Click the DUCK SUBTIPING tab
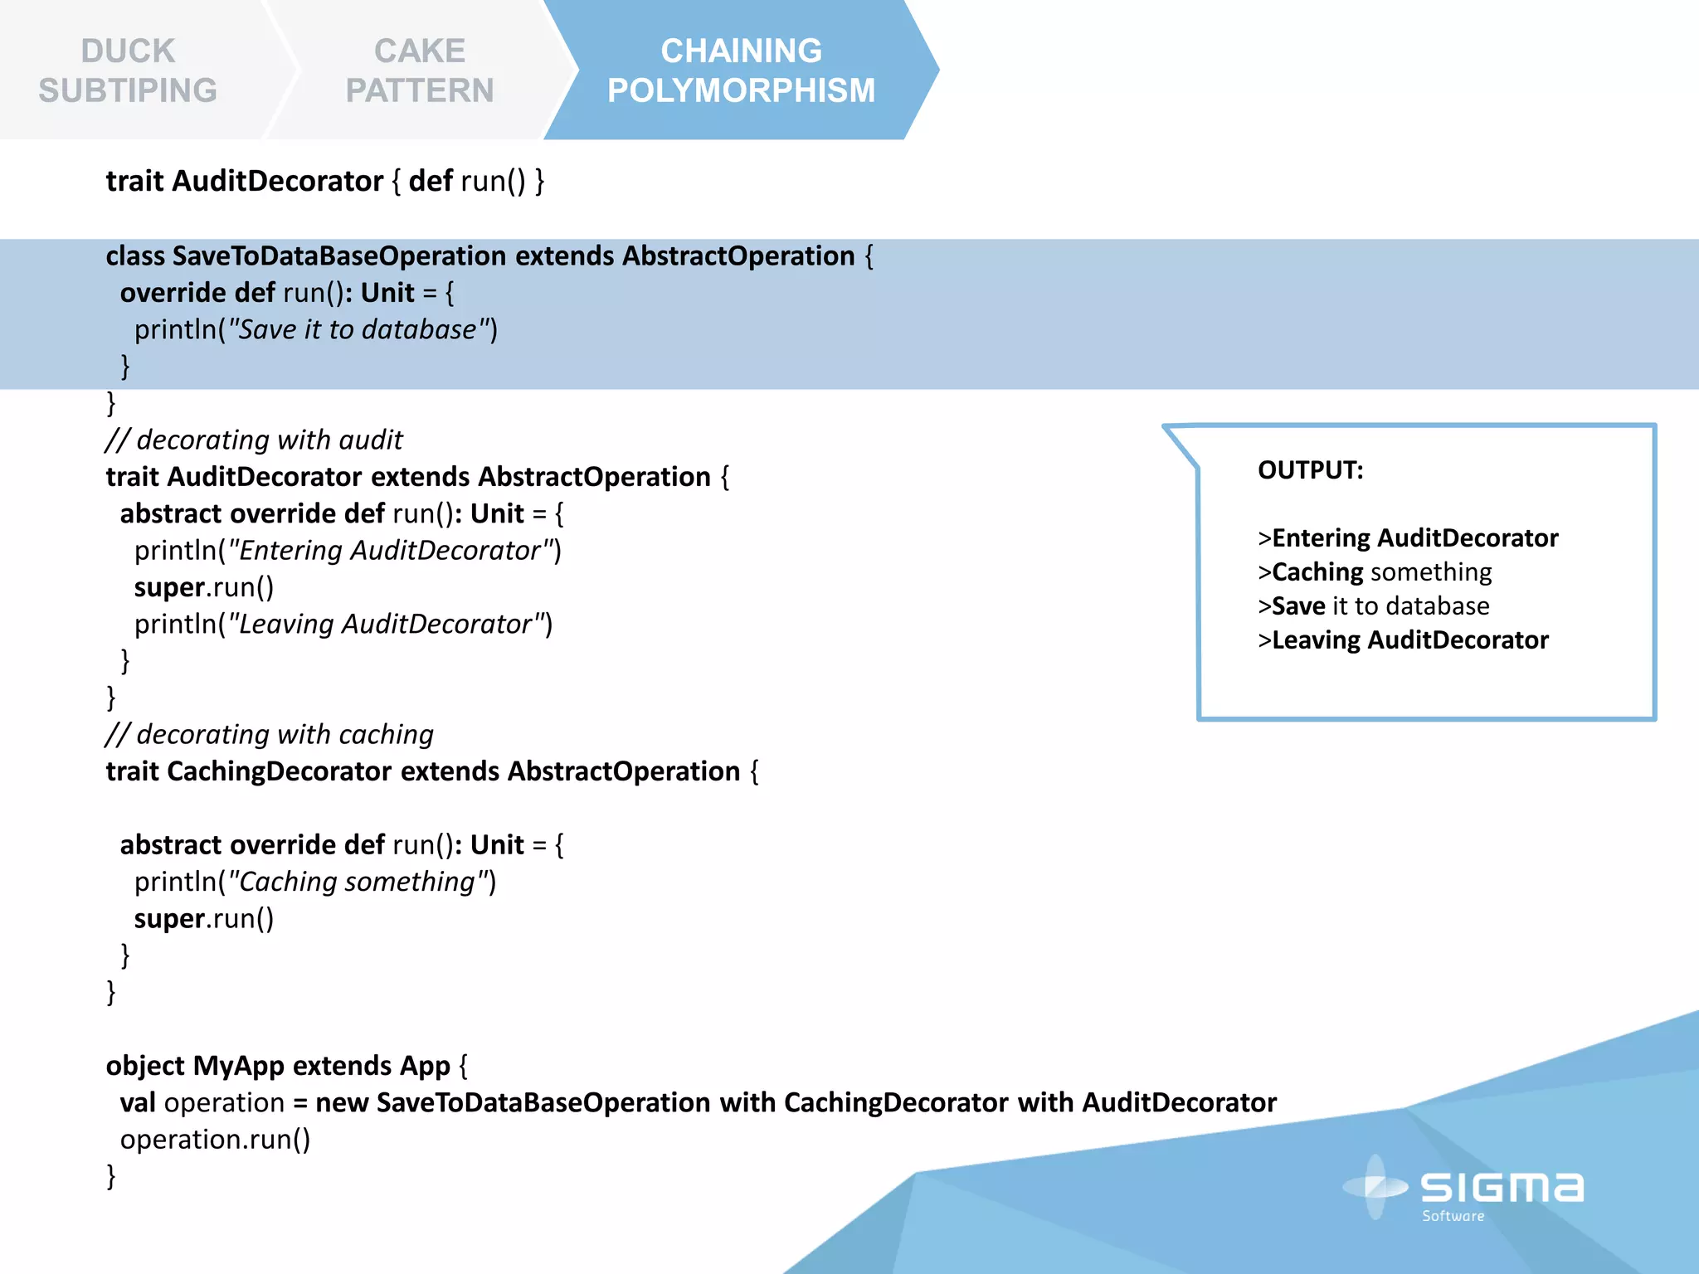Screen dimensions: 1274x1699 pyautogui.click(x=129, y=71)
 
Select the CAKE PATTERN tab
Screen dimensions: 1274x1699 pyautogui.click(x=420, y=71)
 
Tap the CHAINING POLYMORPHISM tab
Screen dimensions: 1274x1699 pyautogui.click(x=741, y=71)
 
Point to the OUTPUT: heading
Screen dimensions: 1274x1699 pyautogui.click(x=1310, y=470)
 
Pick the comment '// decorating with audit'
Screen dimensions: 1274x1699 pyautogui.click(x=254, y=440)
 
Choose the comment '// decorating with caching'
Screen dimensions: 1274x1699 pyautogui.click(x=270, y=734)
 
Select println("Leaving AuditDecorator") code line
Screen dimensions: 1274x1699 pyautogui.click(x=343, y=624)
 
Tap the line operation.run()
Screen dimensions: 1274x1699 pyautogui.click(x=215, y=1140)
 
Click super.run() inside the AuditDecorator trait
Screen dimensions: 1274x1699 pyautogui.click(x=204, y=587)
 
